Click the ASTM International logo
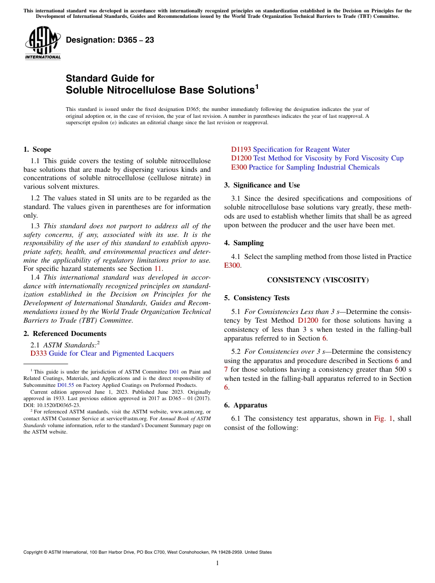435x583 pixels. coord(43,43)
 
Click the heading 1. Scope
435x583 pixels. coord(38,149)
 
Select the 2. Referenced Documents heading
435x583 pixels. coord(65,334)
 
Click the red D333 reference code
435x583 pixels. coord(38,353)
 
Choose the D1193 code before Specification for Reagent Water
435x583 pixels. coord(241,149)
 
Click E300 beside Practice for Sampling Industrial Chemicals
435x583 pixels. coord(239,167)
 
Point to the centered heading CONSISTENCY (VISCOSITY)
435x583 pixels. coord(318,280)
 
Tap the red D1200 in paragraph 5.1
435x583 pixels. coord(308,320)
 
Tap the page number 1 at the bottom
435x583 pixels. coord(217,563)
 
